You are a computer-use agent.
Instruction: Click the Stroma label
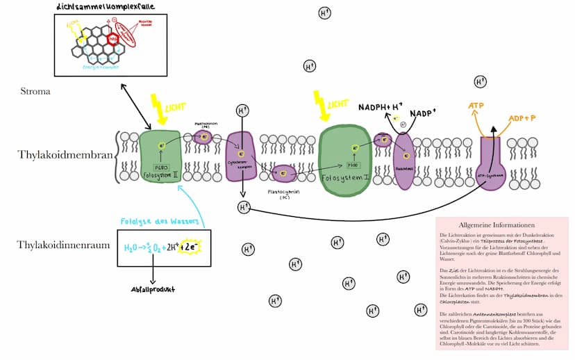coord(35,91)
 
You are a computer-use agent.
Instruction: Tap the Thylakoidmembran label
coord(64,154)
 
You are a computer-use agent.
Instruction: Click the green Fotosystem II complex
coord(160,156)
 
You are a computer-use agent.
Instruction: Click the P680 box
coord(161,167)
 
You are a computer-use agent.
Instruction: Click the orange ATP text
coord(476,106)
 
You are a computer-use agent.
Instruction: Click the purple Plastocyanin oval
coord(284,171)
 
